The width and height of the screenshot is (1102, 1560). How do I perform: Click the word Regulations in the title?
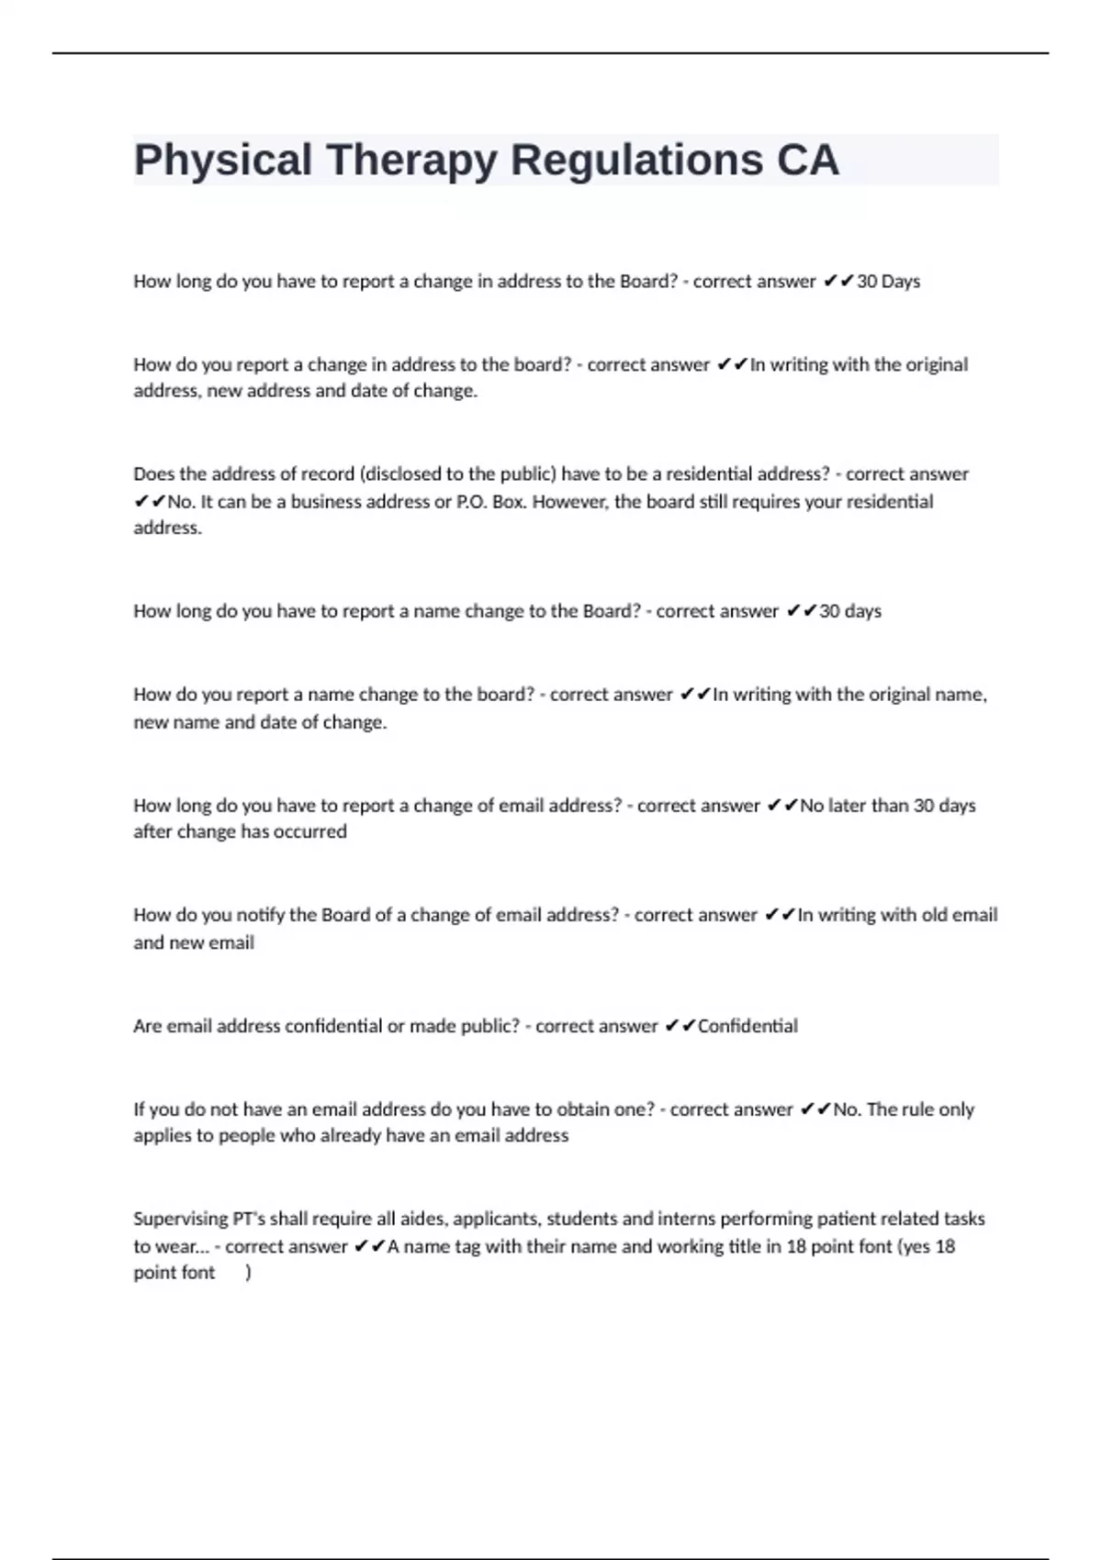636,160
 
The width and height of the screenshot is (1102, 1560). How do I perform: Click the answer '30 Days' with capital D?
888,282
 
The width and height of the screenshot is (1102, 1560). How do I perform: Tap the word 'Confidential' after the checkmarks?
748,1026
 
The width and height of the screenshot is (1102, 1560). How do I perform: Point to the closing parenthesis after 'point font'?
248,1273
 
